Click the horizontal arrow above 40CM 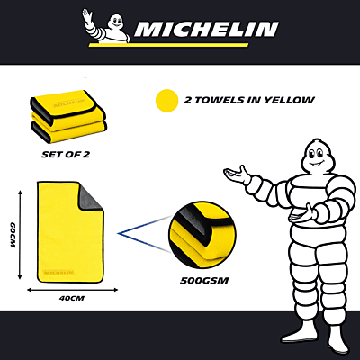[x=67, y=290]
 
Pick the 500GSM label [x=205, y=280]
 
